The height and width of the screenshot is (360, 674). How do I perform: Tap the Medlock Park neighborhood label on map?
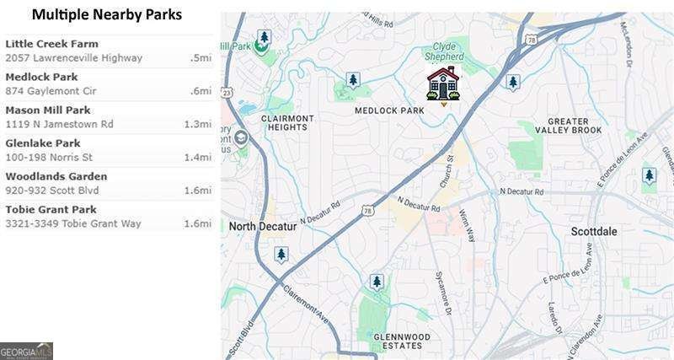coord(388,110)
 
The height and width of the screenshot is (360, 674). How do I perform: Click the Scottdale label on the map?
coord(594,231)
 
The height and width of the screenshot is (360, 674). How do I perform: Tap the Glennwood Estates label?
coord(401,342)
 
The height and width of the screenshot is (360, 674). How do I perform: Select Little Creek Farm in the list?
coord(51,44)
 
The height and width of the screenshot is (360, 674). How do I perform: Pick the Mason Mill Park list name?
coord(48,110)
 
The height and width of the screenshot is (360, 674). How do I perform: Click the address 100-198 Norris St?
coord(49,157)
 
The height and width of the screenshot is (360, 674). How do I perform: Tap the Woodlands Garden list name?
coord(56,176)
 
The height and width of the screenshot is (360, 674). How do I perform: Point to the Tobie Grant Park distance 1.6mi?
coord(196,223)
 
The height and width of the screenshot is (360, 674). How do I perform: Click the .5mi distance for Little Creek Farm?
coord(200,58)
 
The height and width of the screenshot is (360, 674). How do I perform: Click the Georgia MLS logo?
coord(26,351)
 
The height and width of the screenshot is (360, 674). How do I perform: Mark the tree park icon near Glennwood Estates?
coord(377,282)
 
